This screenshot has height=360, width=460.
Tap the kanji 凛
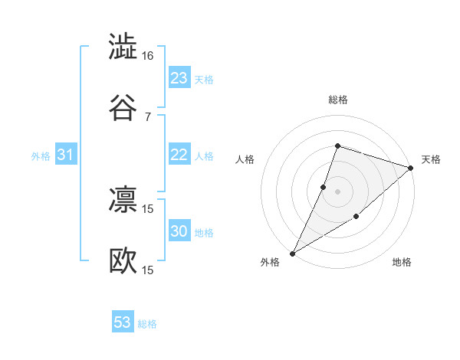(x=123, y=199)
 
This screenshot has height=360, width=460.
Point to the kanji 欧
(x=123, y=260)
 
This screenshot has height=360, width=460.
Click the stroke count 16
(x=148, y=56)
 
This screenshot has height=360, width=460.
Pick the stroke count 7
(x=148, y=116)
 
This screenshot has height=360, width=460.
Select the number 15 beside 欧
(x=148, y=270)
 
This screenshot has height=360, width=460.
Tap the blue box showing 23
(x=179, y=78)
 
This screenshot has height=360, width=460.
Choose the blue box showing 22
(x=179, y=155)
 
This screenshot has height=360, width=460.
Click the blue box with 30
(x=179, y=231)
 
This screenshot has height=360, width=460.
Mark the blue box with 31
(x=66, y=155)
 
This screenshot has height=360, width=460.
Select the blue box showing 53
(x=123, y=322)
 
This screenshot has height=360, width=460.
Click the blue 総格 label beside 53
(x=147, y=324)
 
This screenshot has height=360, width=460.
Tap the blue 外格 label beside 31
(x=41, y=156)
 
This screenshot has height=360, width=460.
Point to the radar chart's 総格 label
(x=337, y=100)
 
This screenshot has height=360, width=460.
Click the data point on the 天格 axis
(x=411, y=168)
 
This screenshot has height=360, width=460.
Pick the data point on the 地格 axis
(x=356, y=218)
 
